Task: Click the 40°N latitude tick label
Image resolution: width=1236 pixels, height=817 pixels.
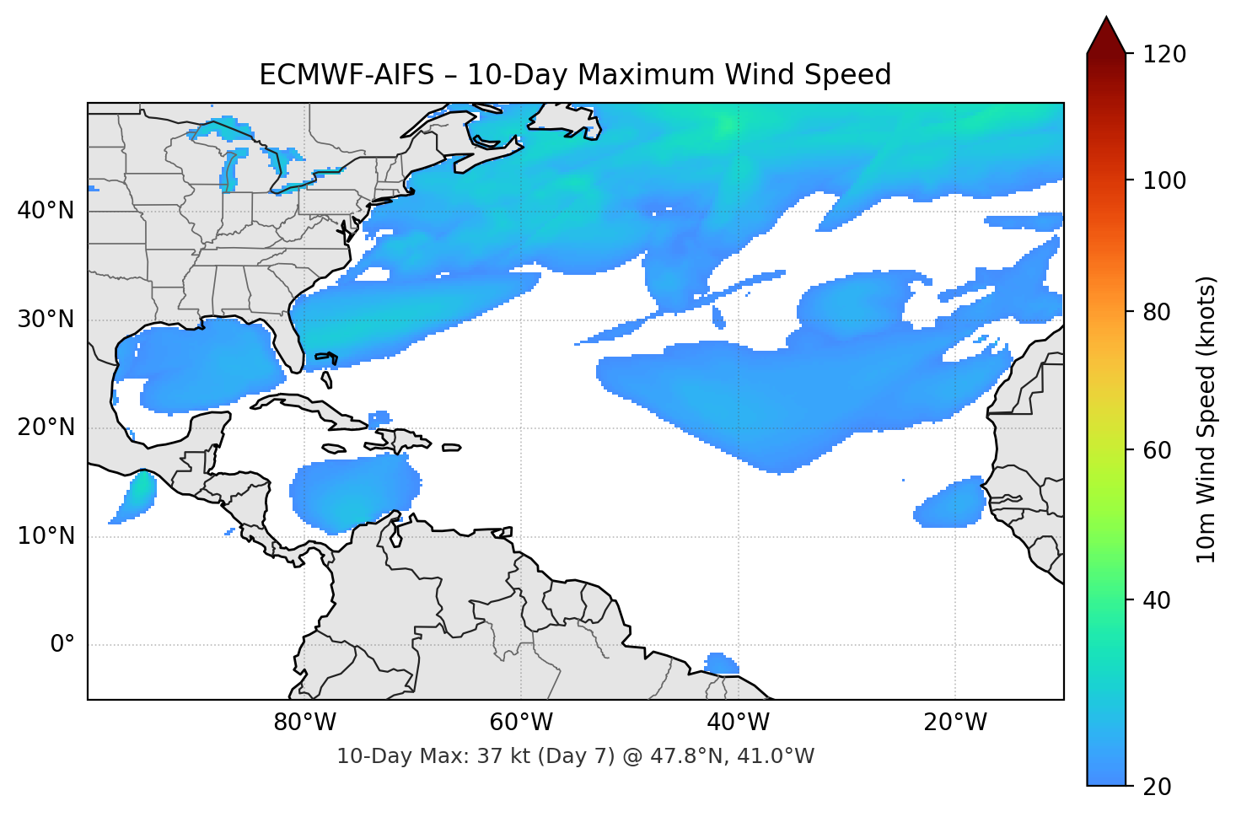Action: point(46,210)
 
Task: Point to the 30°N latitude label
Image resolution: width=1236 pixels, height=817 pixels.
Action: point(46,320)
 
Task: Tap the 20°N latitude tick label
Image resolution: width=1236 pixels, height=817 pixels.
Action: point(46,427)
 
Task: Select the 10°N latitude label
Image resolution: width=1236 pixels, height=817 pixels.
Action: point(46,536)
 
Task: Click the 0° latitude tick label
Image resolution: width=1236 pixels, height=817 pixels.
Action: point(62,645)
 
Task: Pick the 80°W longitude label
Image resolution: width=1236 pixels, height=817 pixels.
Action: point(305,723)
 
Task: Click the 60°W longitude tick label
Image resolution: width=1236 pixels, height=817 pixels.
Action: point(522,723)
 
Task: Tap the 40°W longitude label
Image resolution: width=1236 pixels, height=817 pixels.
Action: point(739,723)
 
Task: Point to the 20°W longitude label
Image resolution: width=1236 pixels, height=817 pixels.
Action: point(955,723)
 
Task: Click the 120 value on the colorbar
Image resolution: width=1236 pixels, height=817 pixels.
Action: point(1164,54)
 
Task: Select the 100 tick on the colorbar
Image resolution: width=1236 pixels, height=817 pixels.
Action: point(1164,180)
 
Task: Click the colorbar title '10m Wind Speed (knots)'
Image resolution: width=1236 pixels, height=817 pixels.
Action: point(1206,420)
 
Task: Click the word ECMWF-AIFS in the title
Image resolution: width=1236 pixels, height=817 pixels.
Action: point(347,75)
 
